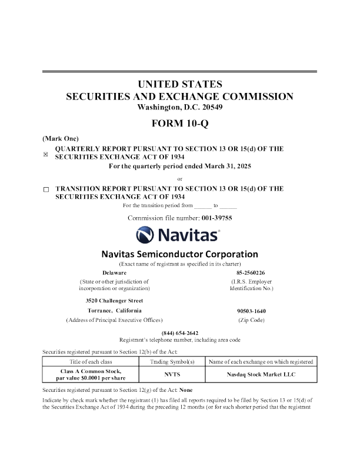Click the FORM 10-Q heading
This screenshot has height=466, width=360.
[x=179, y=124]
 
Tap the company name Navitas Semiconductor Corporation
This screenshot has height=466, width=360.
[x=179, y=254]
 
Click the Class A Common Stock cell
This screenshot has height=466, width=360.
[x=95, y=373]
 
